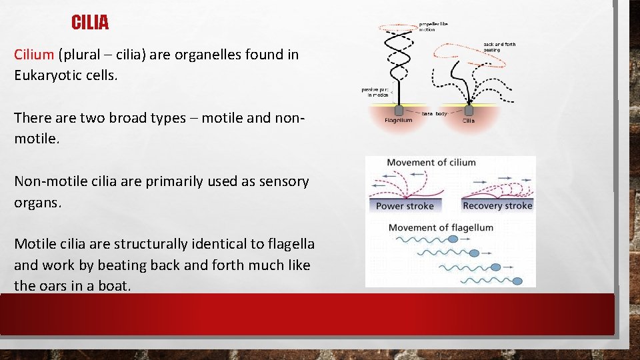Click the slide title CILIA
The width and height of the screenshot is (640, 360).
90,23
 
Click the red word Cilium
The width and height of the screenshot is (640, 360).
34,55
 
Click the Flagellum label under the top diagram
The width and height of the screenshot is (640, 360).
399,121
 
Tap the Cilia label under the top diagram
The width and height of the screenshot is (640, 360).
469,121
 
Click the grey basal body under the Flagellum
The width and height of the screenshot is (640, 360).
399,110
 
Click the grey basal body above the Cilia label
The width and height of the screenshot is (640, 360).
469,110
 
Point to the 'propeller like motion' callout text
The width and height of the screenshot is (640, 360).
433,27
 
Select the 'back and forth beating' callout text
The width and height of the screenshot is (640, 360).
499,47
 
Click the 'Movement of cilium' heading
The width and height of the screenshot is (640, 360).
431,163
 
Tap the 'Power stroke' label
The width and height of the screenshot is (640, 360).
405,206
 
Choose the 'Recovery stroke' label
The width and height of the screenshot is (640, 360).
497,205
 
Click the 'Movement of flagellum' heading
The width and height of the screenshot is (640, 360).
441,228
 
